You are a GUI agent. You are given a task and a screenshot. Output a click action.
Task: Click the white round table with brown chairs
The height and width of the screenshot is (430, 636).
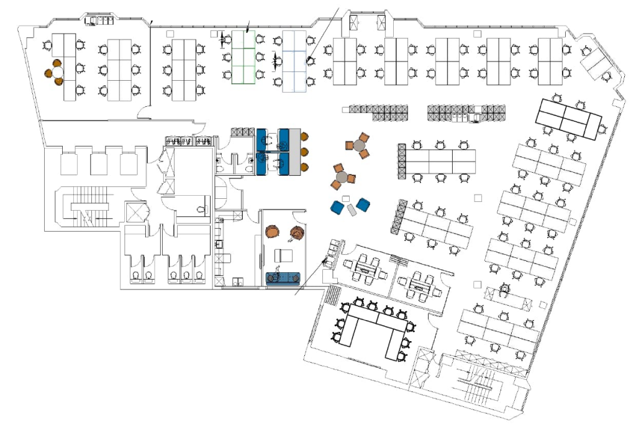click(57, 72)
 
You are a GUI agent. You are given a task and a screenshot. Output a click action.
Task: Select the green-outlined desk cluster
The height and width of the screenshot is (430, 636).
click(243, 57)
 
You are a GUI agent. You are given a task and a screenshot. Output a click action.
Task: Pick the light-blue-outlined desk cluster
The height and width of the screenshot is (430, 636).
click(294, 62)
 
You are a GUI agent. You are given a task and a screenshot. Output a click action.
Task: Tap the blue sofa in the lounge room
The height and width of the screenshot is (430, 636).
click(283, 278)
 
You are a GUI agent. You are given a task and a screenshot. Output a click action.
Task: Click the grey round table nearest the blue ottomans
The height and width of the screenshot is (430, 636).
click(340, 177)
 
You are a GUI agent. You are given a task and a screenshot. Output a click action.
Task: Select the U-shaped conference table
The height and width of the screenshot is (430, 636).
click(373, 327)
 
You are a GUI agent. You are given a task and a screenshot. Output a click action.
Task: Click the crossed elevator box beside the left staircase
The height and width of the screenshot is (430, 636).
click(134, 211)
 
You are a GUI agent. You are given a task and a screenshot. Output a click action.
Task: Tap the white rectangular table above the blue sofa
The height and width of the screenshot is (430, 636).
click(284, 255)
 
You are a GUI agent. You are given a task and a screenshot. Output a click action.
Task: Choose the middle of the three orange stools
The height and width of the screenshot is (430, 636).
click(305, 151)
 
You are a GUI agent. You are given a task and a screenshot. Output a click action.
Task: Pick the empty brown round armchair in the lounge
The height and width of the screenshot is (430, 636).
click(271, 232)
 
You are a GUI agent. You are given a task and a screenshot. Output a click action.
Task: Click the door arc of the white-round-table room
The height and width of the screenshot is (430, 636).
click(144, 112)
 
